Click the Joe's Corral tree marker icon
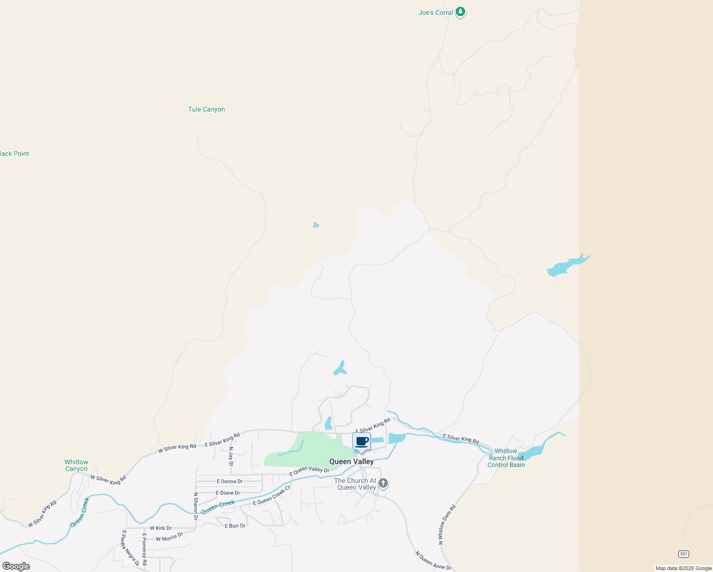(460, 12)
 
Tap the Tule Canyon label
(206, 109)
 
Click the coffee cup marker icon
(361, 441)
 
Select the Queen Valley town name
(351, 461)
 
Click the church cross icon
(383, 483)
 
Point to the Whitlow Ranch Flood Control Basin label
(506, 458)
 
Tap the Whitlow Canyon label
(76, 465)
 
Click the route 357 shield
(683, 554)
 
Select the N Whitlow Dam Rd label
(447, 524)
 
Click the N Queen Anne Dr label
(433, 561)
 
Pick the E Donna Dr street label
(229, 481)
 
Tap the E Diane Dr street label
(228, 493)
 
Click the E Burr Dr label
(235, 526)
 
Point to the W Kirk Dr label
(161, 528)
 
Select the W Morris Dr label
(169, 537)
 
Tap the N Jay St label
(231, 456)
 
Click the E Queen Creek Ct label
(272, 496)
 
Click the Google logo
(16, 566)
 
